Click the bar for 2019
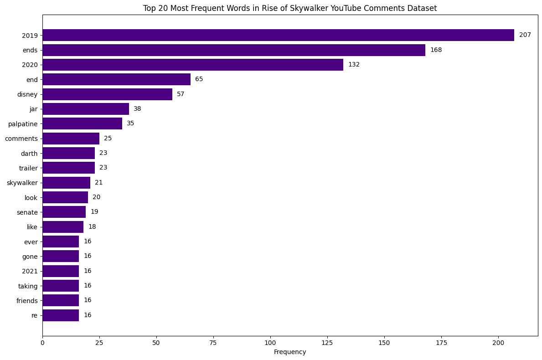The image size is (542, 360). (278, 35)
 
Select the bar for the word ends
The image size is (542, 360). (234, 50)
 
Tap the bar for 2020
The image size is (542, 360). (193, 65)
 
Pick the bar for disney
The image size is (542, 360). (107, 94)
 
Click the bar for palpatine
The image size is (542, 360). (82, 123)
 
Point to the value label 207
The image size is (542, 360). (525, 35)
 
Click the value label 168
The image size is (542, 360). (436, 50)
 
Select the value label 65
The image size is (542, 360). (199, 79)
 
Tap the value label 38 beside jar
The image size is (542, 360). (137, 109)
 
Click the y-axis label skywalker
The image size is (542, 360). (22, 183)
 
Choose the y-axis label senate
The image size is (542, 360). (27, 212)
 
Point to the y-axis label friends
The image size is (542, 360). (26, 301)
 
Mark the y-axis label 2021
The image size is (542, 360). (30, 271)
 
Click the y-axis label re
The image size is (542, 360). (35, 315)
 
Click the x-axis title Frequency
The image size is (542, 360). (290, 352)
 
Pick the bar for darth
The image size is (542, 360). (68, 153)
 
